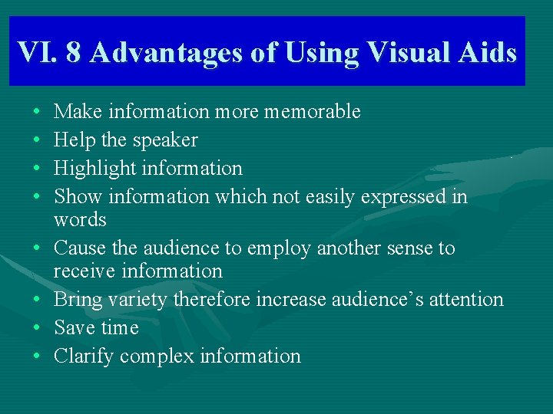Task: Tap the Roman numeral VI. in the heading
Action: click(35, 52)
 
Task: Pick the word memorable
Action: click(312, 112)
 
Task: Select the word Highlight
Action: click(91, 169)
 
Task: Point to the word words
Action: click(80, 219)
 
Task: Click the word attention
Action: click(461, 299)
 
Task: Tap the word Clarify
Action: click(84, 356)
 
